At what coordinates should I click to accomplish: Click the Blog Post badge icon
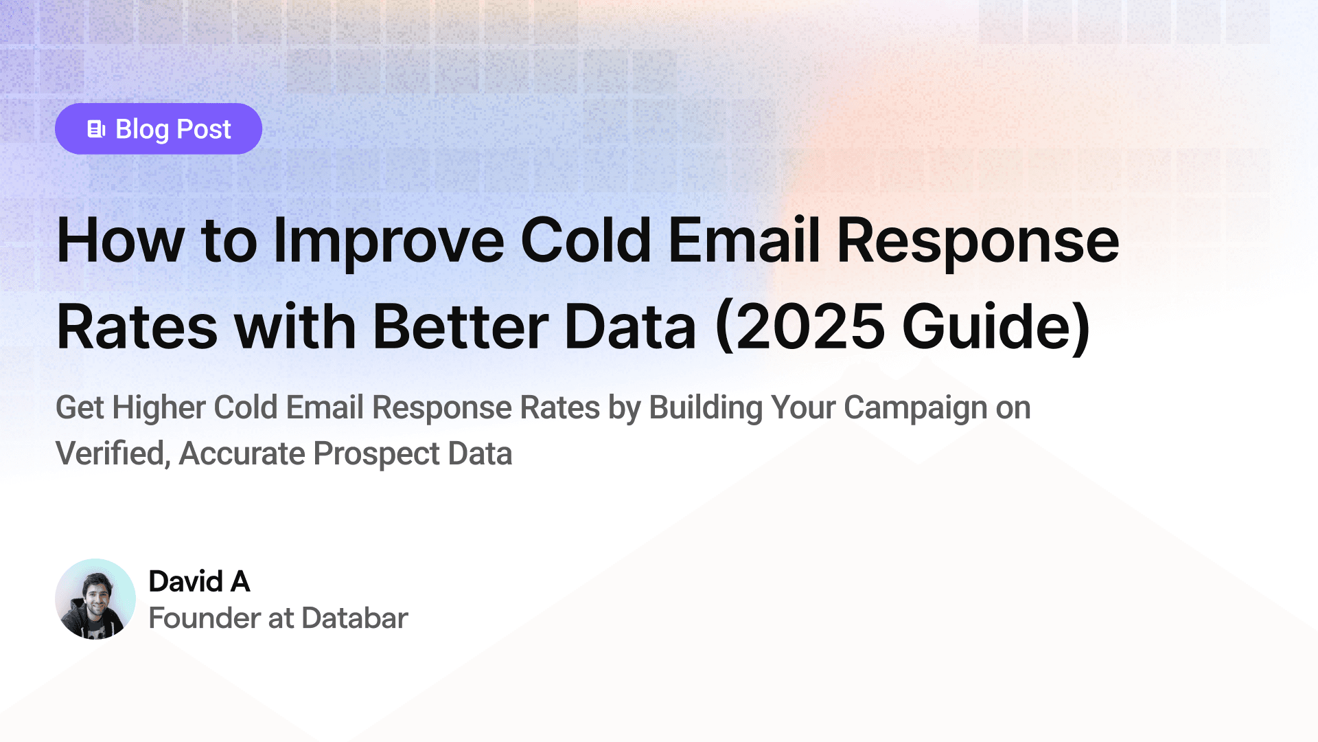click(x=96, y=129)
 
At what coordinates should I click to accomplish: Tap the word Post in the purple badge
click(x=204, y=129)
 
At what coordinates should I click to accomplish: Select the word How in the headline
click(x=120, y=240)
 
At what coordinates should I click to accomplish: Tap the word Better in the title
click(x=461, y=327)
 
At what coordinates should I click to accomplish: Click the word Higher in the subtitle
click(x=159, y=408)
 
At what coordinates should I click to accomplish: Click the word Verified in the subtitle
click(x=113, y=454)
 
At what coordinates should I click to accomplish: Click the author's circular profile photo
click(x=95, y=599)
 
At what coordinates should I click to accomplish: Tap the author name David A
click(x=199, y=582)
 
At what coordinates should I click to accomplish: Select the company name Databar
click(x=355, y=618)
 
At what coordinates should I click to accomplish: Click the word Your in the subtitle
click(x=803, y=408)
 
